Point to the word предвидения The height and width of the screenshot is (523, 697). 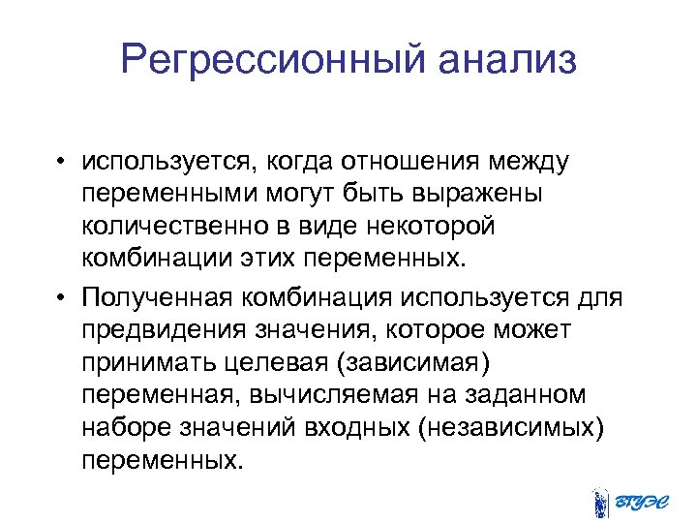(x=166, y=328)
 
